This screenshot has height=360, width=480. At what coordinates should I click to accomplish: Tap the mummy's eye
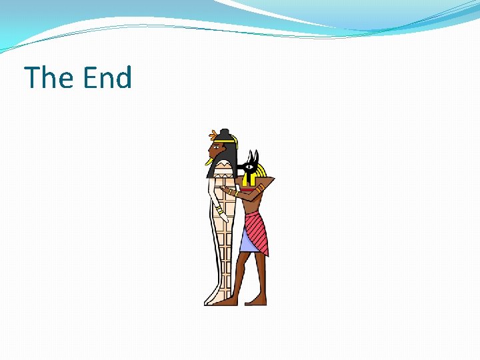click(216, 146)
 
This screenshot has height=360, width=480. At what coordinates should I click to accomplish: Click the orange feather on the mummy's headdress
click(213, 133)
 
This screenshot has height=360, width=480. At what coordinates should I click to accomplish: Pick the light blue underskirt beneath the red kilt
click(247, 243)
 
